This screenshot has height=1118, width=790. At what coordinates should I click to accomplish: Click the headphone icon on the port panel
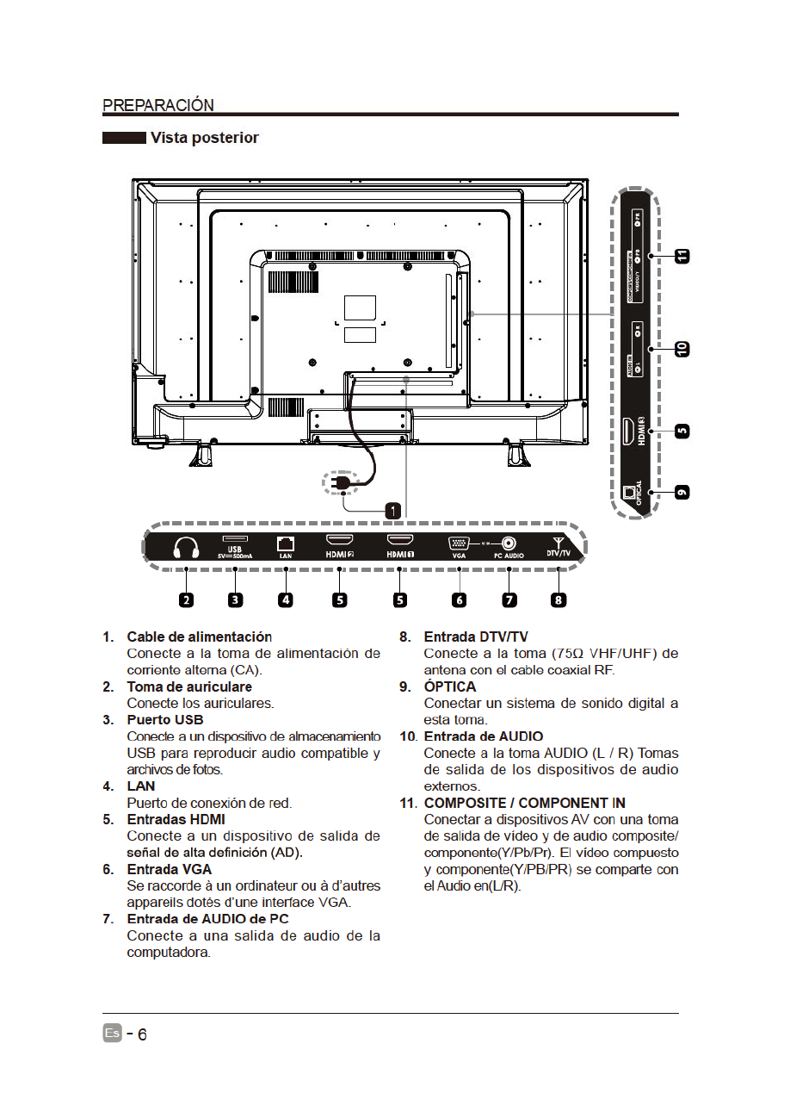point(186,548)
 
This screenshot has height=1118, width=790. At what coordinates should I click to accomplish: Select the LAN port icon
point(287,543)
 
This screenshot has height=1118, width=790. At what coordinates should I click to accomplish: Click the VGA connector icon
point(458,543)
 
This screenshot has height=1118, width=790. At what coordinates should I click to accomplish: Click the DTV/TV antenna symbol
point(559,543)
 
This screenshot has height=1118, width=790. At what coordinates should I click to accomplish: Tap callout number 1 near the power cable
point(392,510)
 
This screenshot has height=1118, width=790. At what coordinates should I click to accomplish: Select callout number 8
point(559,599)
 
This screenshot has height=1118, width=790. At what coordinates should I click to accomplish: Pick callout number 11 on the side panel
point(682,257)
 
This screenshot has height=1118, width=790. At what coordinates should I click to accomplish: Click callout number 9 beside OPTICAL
point(682,492)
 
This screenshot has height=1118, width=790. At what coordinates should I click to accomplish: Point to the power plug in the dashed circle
point(342,484)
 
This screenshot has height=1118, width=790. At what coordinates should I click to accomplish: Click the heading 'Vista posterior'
point(204,138)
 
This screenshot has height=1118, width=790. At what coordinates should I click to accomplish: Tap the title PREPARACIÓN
point(158,105)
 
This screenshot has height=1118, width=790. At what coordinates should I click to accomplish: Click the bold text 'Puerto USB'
point(165,719)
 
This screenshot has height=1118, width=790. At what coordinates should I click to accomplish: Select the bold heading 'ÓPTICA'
point(449,686)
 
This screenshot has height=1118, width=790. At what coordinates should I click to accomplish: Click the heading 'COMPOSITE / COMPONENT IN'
point(524,803)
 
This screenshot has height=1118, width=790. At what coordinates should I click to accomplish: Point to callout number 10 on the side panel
point(682,349)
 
